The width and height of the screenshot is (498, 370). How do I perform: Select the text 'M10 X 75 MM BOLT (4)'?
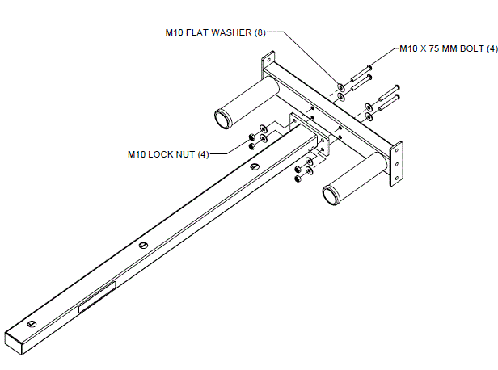pyautogui.click(x=447, y=49)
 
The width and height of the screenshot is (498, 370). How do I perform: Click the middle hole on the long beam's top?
pyautogui.click(x=143, y=244)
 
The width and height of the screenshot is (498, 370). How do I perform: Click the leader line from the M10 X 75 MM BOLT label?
pyautogui.click(x=386, y=57)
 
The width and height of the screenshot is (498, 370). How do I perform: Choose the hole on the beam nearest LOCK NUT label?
pyautogui.click(x=255, y=166)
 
